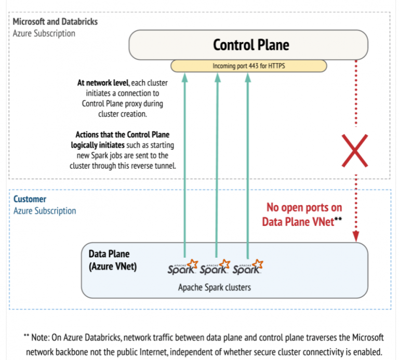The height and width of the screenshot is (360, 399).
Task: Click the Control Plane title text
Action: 250,45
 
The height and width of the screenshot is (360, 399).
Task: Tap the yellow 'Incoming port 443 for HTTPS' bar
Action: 249,66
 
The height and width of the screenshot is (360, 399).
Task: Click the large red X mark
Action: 355,151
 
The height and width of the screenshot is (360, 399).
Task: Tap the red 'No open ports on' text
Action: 304,208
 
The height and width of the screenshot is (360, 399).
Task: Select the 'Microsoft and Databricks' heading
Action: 55,22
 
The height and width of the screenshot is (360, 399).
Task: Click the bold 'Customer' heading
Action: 30,199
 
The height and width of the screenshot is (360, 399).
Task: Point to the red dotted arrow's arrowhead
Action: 356,237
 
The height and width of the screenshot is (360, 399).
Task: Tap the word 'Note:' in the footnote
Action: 42,336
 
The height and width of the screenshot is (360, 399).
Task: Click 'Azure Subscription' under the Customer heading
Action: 45,211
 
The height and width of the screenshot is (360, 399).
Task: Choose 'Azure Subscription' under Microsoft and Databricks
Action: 44,33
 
